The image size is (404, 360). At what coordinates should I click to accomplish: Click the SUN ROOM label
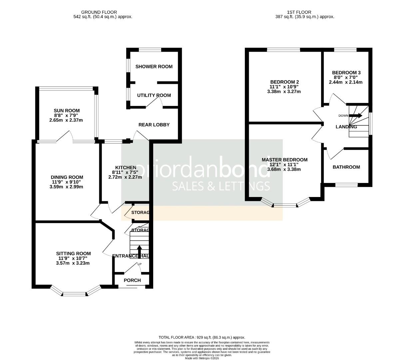tap(67, 111)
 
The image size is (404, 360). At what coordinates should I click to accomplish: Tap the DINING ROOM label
tap(67, 177)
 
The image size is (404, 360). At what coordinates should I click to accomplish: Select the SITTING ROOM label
tap(73, 254)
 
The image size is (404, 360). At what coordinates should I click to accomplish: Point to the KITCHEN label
tap(126, 167)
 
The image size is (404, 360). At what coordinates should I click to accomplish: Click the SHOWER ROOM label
tap(154, 67)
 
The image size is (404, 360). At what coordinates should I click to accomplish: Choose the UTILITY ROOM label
tap(154, 95)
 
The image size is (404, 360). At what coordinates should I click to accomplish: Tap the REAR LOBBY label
tap(154, 125)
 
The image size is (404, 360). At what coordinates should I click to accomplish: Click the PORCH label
tap(132, 280)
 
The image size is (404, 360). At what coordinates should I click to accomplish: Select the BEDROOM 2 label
tap(284, 82)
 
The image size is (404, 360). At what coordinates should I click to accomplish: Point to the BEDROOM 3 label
tap(346, 73)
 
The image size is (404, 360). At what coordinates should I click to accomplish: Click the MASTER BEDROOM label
tap(284, 160)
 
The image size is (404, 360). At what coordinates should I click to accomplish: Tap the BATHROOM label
tap(346, 167)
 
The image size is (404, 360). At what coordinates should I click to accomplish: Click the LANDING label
tap(346, 127)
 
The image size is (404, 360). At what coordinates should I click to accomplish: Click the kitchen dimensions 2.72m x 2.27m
tap(125, 177)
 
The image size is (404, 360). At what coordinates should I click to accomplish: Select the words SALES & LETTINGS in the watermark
tap(221, 186)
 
